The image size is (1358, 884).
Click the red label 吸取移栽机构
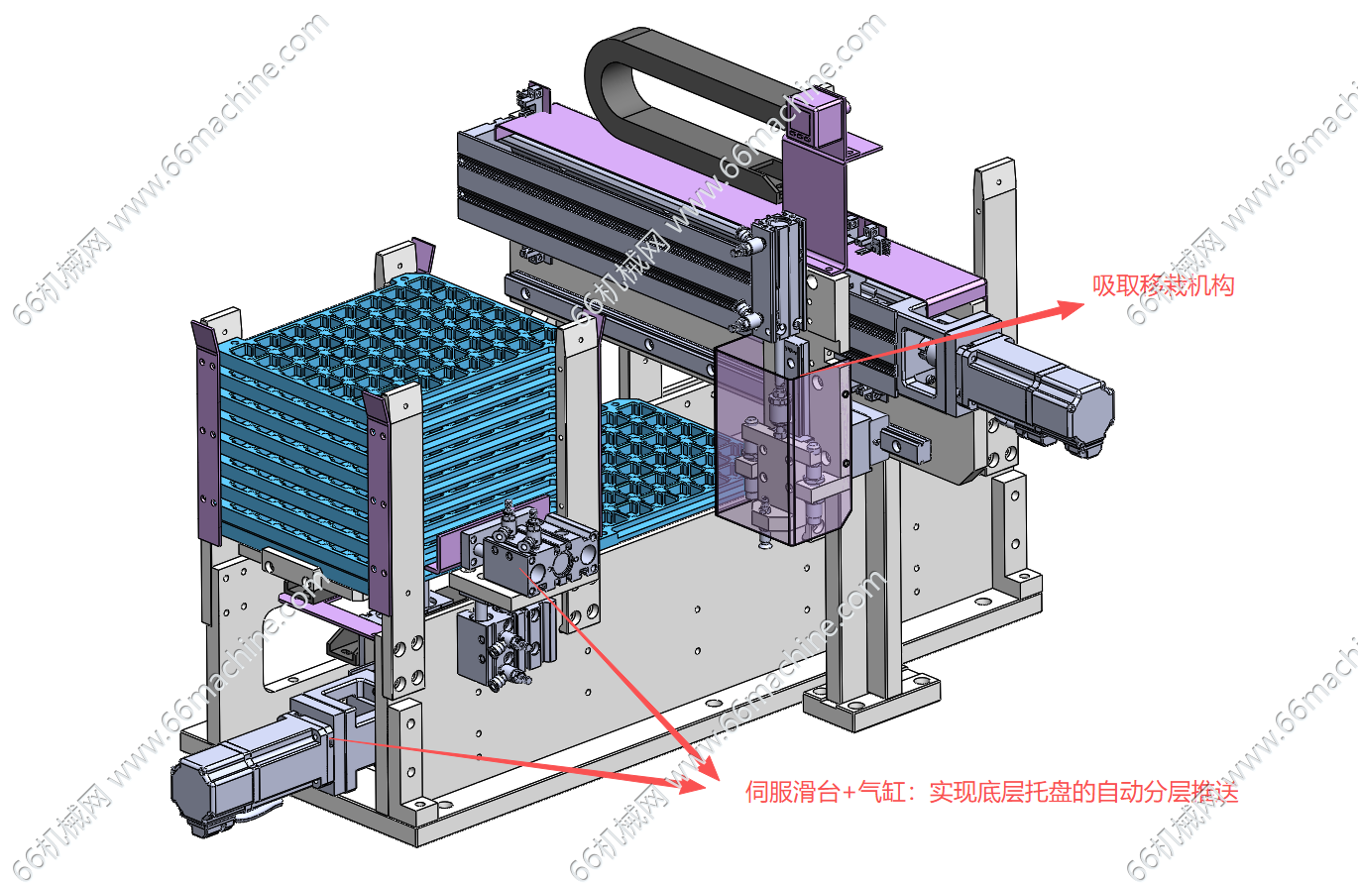click(x=1163, y=285)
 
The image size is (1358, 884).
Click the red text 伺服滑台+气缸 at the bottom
click(x=826, y=792)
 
